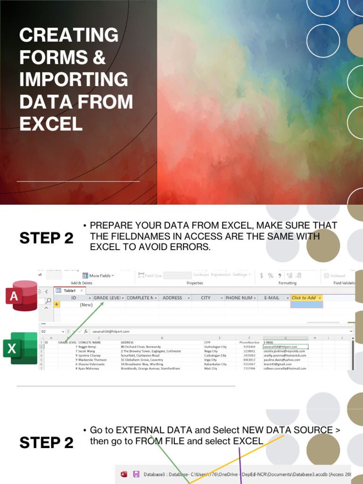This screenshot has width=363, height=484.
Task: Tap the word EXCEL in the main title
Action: tap(51, 123)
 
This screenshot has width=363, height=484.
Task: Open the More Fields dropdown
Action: tap(99, 276)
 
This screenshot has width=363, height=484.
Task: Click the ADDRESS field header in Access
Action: tap(173, 298)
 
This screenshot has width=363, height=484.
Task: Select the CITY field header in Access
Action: tap(206, 298)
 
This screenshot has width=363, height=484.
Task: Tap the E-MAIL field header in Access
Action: tap(272, 298)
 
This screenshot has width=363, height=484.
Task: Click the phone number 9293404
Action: tap(249, 347)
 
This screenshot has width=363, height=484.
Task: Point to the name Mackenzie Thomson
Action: tap(93, 360)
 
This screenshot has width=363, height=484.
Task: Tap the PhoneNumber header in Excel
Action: tap(249, 342)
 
